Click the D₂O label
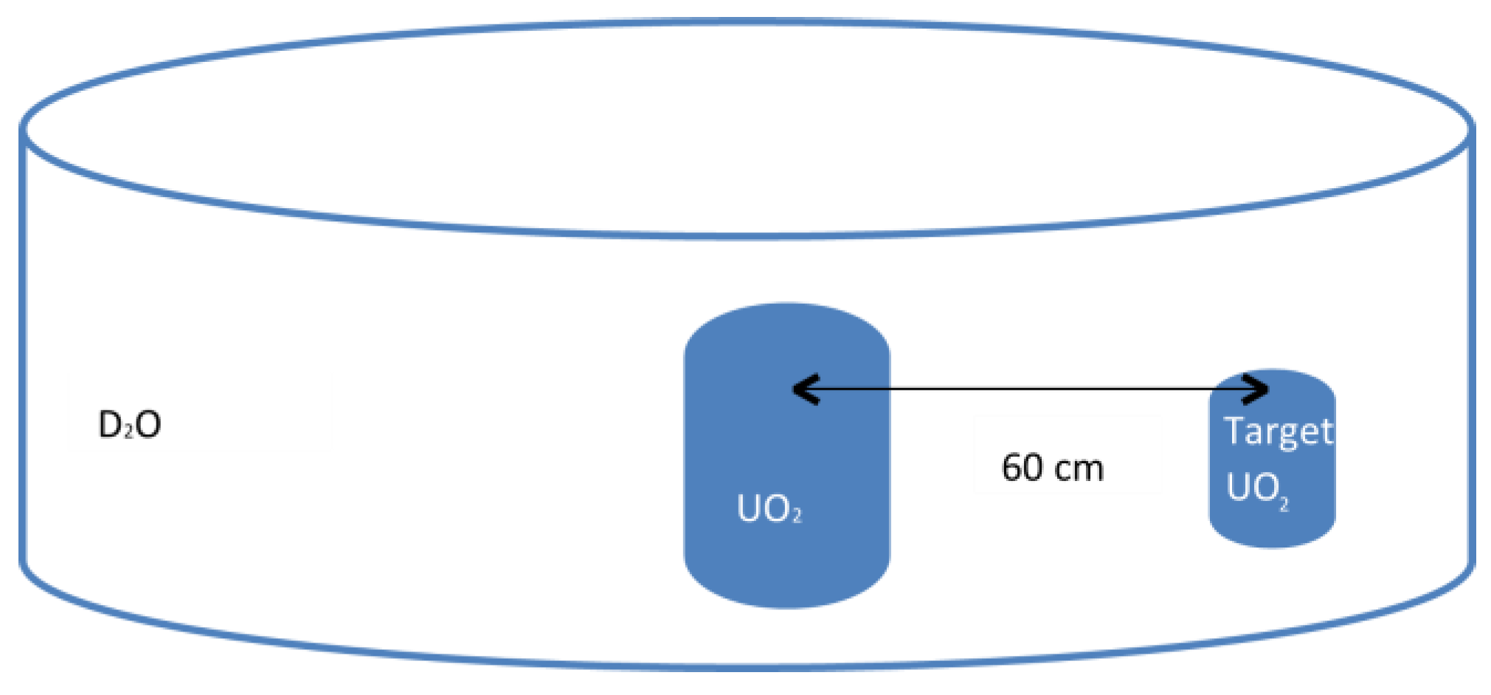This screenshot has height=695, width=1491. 130,425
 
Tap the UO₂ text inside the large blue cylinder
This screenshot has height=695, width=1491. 769,508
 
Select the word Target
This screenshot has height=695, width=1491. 1279,432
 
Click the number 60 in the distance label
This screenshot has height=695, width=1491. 1021,468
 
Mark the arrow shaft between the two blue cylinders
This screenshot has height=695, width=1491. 1048,389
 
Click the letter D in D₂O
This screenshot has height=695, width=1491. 109,425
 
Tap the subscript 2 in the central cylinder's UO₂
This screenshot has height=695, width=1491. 796,516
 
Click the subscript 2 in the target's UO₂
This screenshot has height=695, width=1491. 1284,504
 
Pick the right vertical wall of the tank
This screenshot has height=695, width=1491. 1471,347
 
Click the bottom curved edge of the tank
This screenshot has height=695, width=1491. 745,666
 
